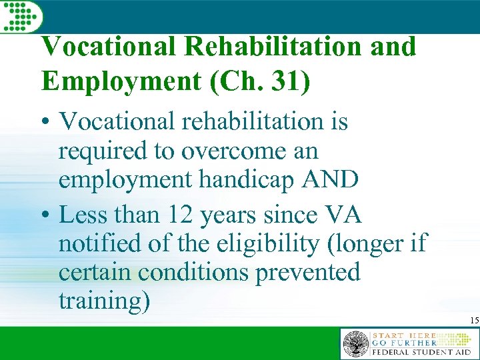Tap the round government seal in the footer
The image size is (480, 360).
point(355,344)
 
